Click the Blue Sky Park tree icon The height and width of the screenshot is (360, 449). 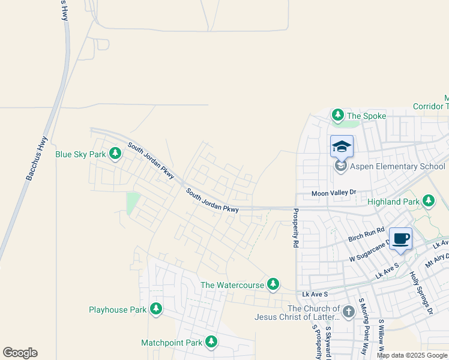115,154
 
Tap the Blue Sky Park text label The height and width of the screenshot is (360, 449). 80,154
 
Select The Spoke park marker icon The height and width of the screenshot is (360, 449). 337,115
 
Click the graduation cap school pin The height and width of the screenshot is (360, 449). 342,146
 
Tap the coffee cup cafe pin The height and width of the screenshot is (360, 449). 400,238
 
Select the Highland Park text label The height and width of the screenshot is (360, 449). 393,202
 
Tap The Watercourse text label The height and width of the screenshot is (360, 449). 232,284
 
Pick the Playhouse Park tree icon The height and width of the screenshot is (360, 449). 156,310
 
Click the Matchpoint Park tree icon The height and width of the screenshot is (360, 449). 211,343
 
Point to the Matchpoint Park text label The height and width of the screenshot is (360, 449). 172,343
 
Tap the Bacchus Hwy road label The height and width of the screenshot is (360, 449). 37,158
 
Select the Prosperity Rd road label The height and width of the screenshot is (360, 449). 295,229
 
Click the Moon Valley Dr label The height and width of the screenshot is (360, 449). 334,193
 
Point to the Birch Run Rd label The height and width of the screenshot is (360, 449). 366,235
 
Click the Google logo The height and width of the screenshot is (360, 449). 20,353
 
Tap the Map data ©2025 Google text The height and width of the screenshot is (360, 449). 412,355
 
